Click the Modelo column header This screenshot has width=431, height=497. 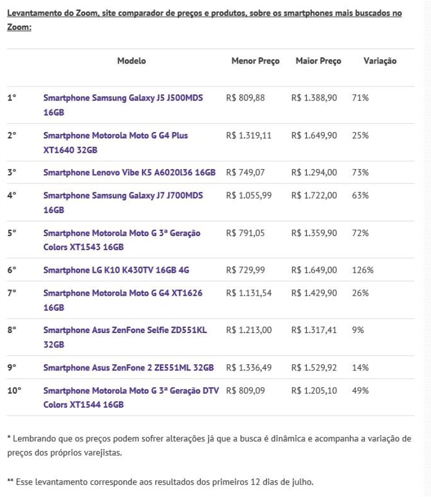pos(131,61)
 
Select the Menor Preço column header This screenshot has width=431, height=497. pos(255,61)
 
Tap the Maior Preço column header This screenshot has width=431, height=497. pos(319,61)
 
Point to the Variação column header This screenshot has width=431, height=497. pos(379,61)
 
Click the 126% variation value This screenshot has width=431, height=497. pos(363,271)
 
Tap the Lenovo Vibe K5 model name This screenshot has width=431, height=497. pos(129,172)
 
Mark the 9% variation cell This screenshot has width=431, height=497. pos(358,330)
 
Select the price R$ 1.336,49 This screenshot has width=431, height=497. pos(249,367)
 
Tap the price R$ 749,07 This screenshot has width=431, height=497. pos(246,172)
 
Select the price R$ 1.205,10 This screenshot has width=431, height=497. pos(314,390)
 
